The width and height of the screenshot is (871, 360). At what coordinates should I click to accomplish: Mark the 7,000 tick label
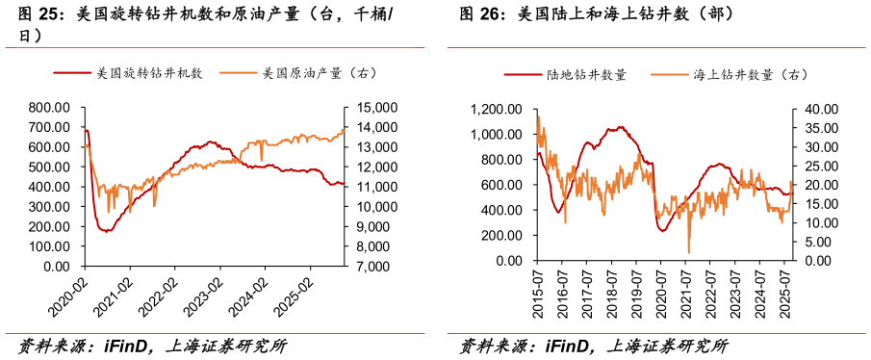(x=363, y=266)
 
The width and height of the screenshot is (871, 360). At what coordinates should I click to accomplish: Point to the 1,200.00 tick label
(x=495, y=109)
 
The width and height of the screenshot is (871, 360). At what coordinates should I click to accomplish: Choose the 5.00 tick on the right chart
(x=810, y=242)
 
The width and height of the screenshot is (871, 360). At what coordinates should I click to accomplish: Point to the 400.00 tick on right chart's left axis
(x=502, y=210)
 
